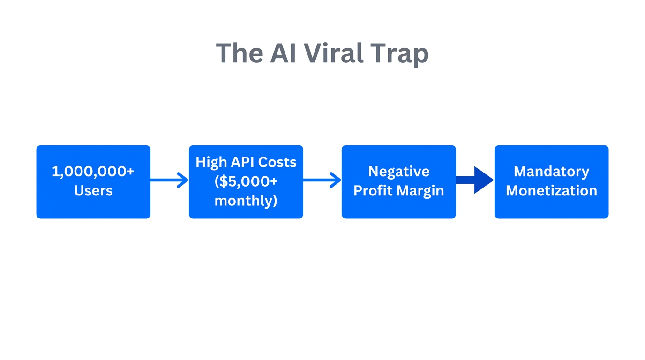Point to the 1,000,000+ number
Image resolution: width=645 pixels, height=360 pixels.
[x=93, y=172]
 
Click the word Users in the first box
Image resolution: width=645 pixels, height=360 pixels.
[x=93, y=191]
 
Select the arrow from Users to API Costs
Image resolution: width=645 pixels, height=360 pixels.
[x=169, y=180]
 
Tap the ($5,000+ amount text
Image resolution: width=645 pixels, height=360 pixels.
[x=246, y=181]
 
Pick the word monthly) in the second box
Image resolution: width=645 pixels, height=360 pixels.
[x=246, y=201]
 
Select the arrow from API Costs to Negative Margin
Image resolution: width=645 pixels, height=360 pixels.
[x=322, y=180]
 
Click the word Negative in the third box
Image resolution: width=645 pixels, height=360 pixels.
[x=398, y=172]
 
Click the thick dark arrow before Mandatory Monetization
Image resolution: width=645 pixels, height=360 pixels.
[x=473, y=180]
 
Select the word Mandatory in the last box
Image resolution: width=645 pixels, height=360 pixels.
[x=551, y=172]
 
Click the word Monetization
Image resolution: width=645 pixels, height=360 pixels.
[x=551, y=191]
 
